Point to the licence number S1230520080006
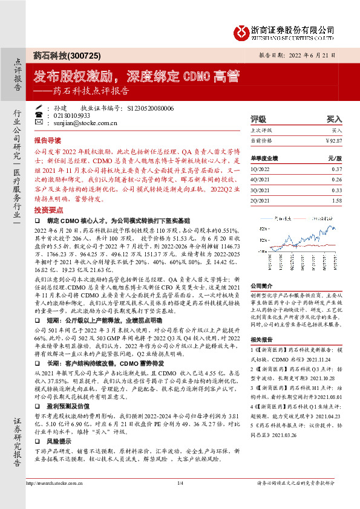point(151,108)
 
